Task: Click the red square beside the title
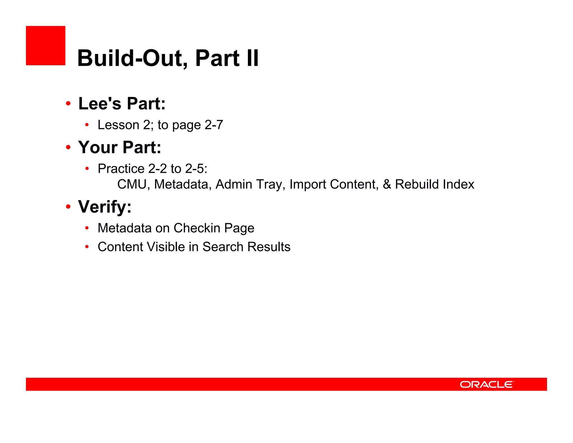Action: tap(46, 46)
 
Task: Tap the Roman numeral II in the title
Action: tap(253, 58)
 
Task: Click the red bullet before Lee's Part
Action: tap(68, 104)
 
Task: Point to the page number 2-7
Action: tap(214, 125)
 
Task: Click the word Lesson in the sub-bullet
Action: tap(118, 125)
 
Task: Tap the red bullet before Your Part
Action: tap(68, 147)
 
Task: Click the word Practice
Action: tap(121, 169)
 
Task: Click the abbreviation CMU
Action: tap(132, 184)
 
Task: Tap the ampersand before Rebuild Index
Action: tap(387, 184)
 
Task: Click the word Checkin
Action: tap(197, 228)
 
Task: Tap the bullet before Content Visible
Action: tap(87, 247)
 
